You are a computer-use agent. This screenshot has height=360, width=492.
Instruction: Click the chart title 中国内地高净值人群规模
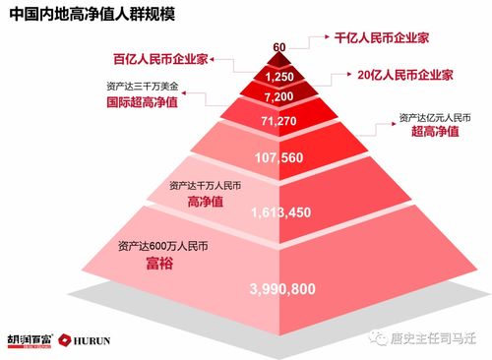88,16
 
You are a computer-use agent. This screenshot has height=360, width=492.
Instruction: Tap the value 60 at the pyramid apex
279,47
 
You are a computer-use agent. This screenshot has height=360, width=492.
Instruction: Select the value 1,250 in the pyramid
280,76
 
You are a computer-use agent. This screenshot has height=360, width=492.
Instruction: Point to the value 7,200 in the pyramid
280,97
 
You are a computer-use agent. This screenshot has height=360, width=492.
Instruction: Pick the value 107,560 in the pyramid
280,157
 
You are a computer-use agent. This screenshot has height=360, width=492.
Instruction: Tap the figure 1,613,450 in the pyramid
280,212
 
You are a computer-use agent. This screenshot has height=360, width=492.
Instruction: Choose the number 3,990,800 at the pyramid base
282,289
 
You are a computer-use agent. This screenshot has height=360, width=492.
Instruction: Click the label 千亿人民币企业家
381,38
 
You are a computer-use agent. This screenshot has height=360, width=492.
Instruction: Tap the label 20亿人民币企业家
404,74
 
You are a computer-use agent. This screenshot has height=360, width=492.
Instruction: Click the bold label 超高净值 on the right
435,133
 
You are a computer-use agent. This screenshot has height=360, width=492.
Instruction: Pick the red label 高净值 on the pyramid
205,202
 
